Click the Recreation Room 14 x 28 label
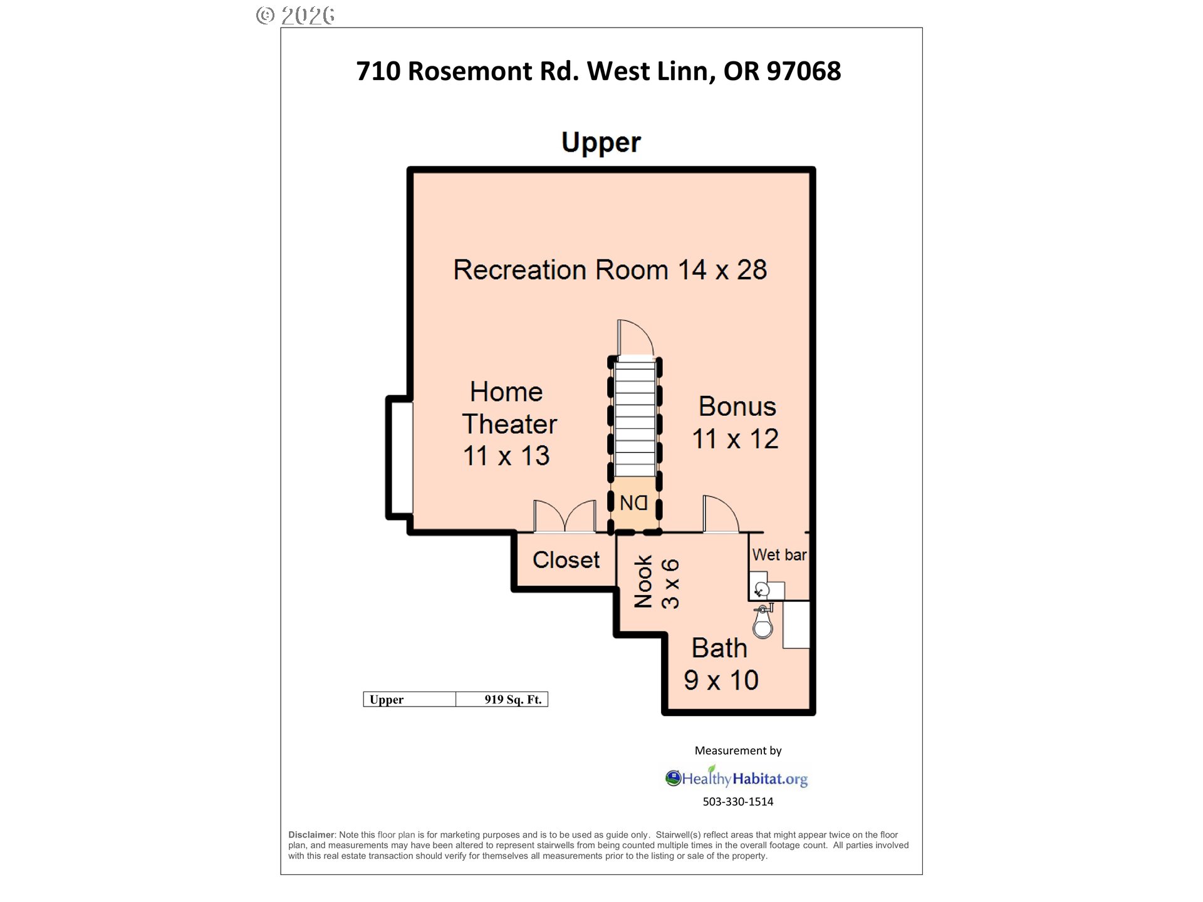pos(610,270)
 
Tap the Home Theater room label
pos(509,424)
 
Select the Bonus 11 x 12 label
pos(736,423)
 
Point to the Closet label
pos(566,559)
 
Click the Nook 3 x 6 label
pos(656,582)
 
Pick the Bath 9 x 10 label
pos(721,664)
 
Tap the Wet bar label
pos(779,554)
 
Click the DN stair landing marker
pos(633,502)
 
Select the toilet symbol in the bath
pos(763,621)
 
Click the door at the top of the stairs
pos(635,338)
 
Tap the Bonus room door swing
pos(721,514)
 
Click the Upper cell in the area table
pos(410,700)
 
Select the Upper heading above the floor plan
pos(601,143)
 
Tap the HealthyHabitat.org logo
pos(736,777)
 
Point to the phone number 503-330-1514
pos(738,802)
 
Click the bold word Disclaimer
pos(311,835)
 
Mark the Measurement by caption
pos(738,750)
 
